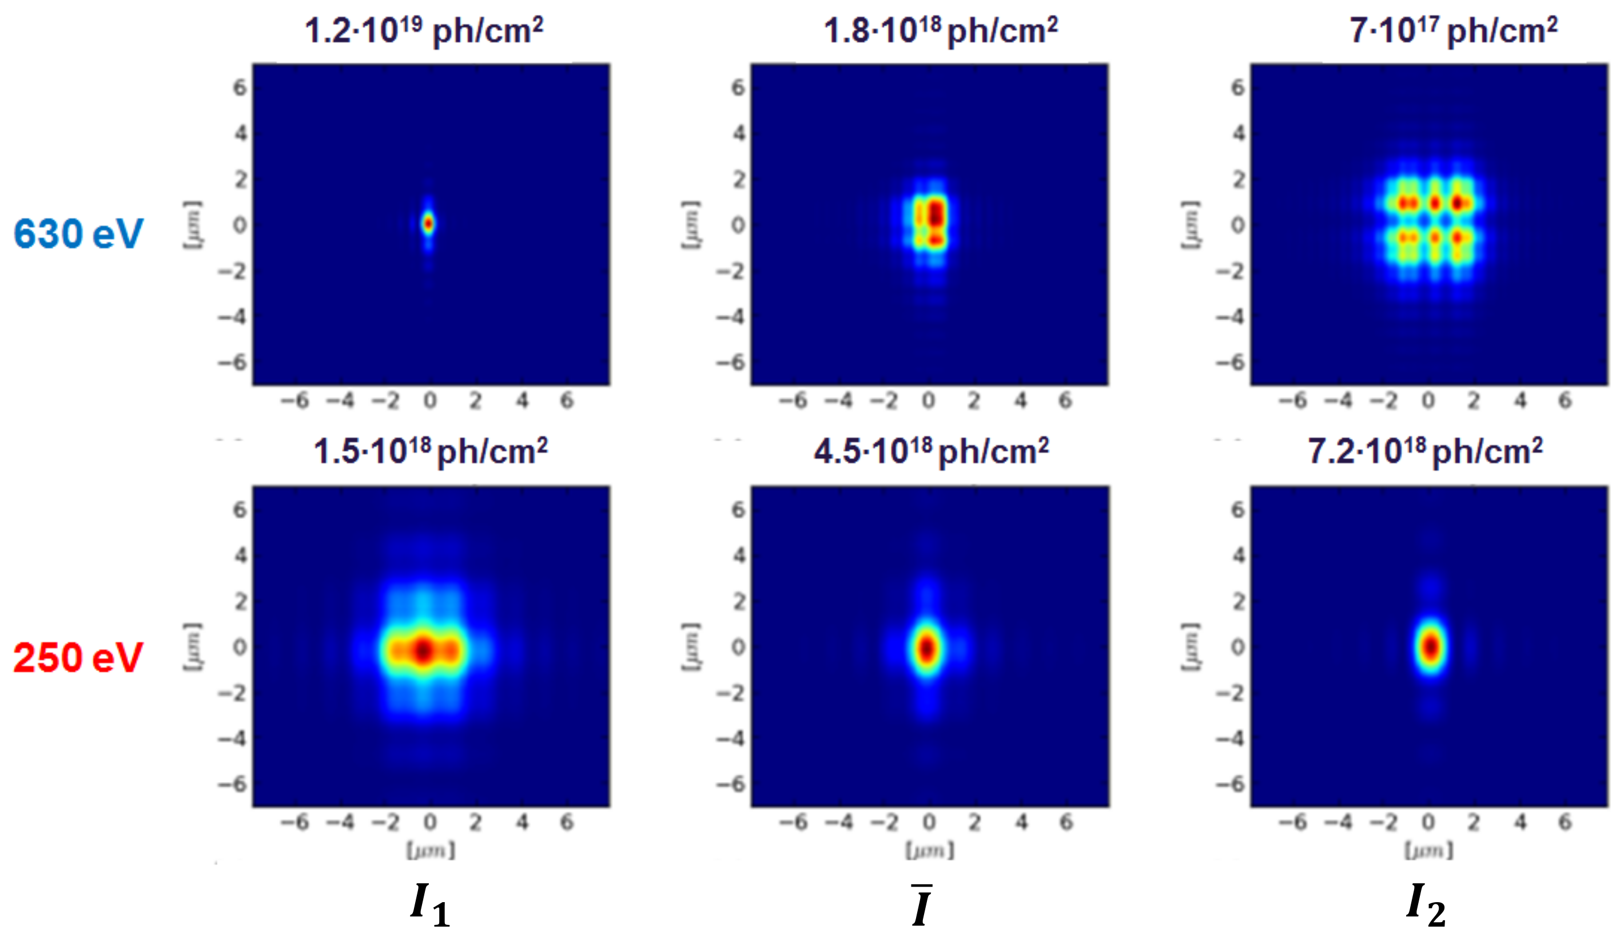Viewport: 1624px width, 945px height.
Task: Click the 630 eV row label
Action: coord(78,233)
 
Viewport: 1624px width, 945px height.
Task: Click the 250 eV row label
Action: coord(78,657)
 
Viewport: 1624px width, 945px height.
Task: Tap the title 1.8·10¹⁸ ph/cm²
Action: coord(940,30)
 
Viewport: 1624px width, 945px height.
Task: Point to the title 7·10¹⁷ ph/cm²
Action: coord(1453,30)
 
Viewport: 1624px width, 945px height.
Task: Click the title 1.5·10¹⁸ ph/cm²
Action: coord(430,451)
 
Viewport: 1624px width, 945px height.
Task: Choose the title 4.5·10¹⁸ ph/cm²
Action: coord(930,451)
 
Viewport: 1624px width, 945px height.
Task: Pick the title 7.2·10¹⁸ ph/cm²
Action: coord(1425,451)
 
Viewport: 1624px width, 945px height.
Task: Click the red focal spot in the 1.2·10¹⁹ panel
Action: coord(428,224)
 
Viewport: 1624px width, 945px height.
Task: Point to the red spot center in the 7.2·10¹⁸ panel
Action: coord(1431,646)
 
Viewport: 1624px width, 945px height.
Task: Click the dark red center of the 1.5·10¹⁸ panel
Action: coord(423,650)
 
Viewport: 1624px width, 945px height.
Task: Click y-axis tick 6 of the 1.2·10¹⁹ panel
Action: coord(239,87)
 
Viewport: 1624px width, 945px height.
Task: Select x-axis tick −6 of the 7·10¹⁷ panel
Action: coord(1293,401)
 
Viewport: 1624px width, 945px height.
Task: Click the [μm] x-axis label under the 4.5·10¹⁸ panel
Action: coord(929,850)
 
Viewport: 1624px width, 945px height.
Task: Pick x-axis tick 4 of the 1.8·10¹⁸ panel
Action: coord(1020,401)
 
